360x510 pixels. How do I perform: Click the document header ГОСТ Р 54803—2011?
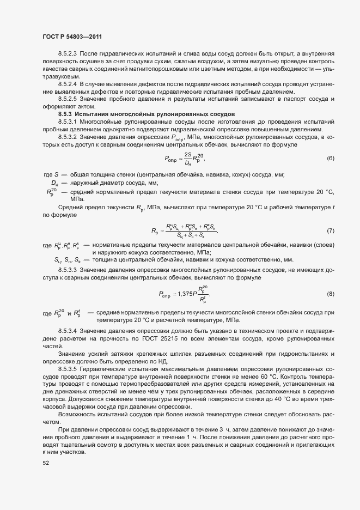(x=72, y=37)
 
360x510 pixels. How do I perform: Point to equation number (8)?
(x=330, y=294)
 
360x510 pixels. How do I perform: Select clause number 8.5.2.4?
(x=68, y=84)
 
